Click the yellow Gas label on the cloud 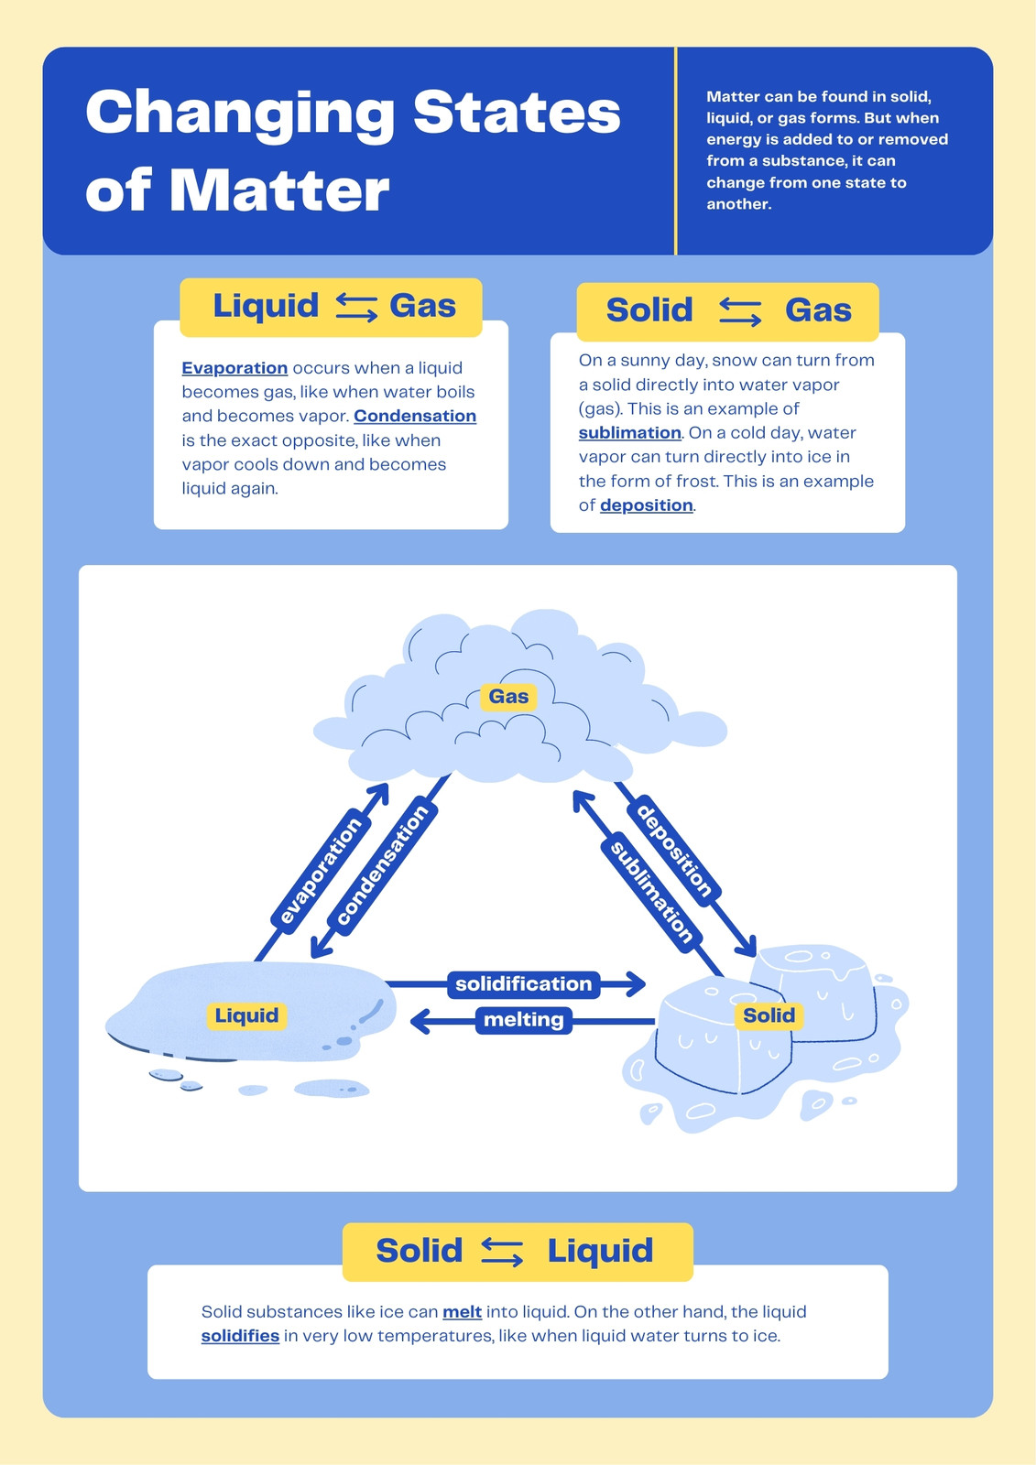coord(508,697)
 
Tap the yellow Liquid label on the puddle coord(246,1015)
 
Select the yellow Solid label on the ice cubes coord(769,1015)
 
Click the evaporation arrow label coord(320,871)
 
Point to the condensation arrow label coord(382,865)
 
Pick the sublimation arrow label coord(651,893)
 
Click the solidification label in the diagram coord(524,983)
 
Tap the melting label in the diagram coord(524,1020)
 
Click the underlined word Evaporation coord(234,368)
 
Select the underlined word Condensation coord(415,416)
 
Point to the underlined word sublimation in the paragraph coord(629,433)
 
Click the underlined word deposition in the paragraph coord(647,505)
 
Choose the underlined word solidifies coord(240,1336)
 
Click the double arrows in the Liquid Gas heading coord(356,307)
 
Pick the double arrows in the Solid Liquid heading coord(502,1253)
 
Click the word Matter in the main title coord(279,191)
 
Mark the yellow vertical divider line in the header coord(675,151)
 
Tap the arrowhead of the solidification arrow coord(636,983)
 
